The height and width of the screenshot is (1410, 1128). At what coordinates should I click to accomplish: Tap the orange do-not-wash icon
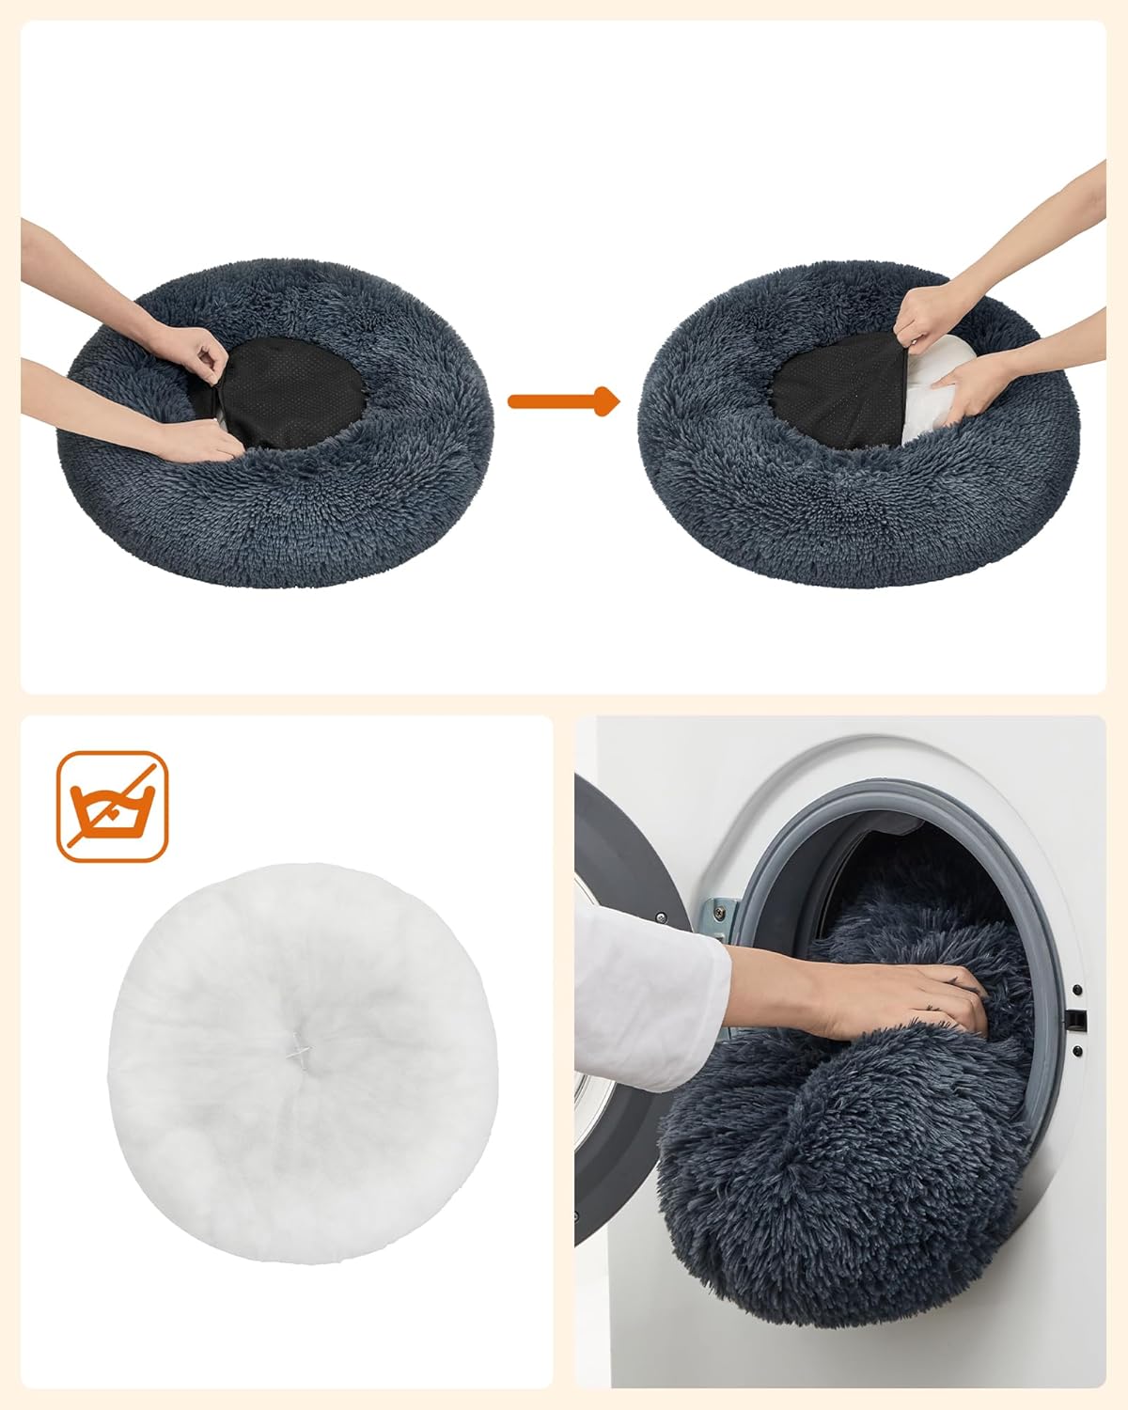coord(112,806)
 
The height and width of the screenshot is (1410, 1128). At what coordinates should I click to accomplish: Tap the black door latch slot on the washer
coord(1080,1019)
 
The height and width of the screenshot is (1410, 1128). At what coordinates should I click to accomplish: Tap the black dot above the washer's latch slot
coord(1077,990)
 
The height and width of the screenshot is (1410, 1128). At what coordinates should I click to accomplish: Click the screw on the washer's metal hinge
coord(718,911)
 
